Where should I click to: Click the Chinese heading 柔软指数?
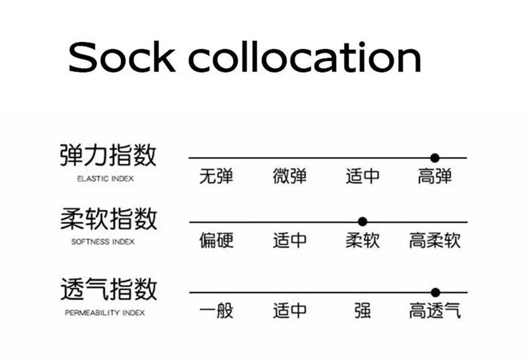coord(108,218)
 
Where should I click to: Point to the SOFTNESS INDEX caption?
coord(103,242)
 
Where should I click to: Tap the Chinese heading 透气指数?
coord(108,290)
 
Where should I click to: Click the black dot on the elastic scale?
coord(435,158)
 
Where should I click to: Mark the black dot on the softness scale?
coord(362,222)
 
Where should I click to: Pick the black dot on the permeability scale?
coord(435,293)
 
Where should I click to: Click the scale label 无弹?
coord(217,177)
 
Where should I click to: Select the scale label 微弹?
coord(290,177)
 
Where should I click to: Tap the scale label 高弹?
coord(435,177)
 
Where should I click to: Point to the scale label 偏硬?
coord(217,240)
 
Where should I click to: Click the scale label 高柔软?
coord(435,240)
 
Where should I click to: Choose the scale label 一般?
coord(217,311)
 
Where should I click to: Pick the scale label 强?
coord(362,311)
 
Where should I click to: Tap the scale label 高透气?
coord(435,311)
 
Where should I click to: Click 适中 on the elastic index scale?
coord(362,177)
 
